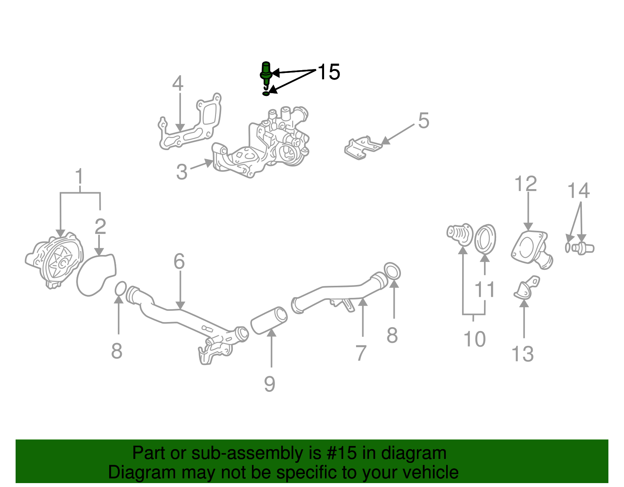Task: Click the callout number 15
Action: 329,72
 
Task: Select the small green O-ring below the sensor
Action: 266,94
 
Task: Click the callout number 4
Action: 178,83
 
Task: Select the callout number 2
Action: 100,227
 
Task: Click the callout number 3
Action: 182,172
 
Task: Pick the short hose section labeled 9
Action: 269,320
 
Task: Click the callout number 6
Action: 179,262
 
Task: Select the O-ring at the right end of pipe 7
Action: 392,271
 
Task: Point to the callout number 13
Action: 522,354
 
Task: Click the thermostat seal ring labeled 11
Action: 485,239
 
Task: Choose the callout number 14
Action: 578,191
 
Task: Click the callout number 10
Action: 474,339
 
